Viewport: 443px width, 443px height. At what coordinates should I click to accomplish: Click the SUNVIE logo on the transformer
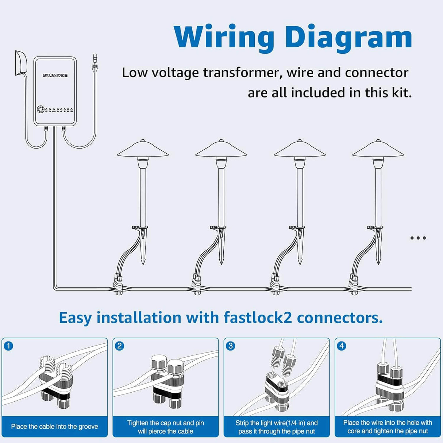pyautogui.click(x=55, y=75)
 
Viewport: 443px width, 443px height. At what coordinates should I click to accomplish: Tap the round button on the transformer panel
pyautogui.click(x=40, y=109)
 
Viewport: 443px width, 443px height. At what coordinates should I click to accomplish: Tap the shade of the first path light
pyautogui.click(x=143, y=150)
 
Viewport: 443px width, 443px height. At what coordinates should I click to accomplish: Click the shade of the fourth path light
pyautogui.click(x=378, y=150)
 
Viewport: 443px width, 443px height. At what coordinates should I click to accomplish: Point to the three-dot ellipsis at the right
pyautogui.click(x=418, y=238)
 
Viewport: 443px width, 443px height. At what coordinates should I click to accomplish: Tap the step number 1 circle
pyautogui.click(x=8, y=345)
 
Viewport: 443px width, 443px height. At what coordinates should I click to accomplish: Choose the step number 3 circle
pyautogui.click(x=230, y=345)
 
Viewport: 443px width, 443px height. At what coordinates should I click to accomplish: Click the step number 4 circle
pyautogui.click(x=341, y=345)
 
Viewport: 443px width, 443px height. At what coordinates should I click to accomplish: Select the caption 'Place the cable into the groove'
pyautogui.click(x=55, y=426)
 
